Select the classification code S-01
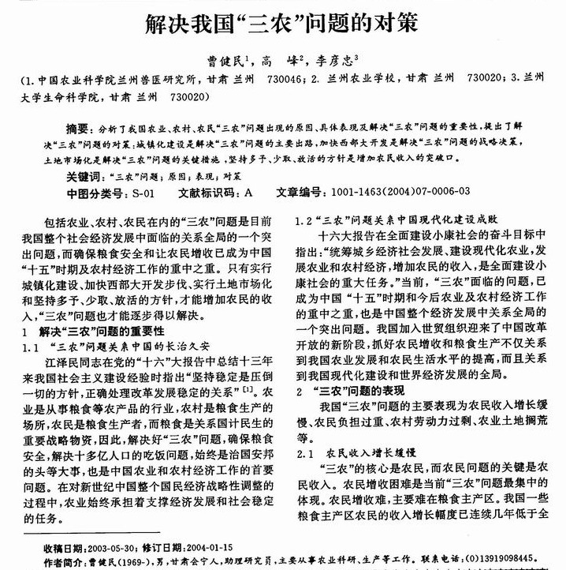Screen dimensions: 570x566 tap(144, 192)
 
